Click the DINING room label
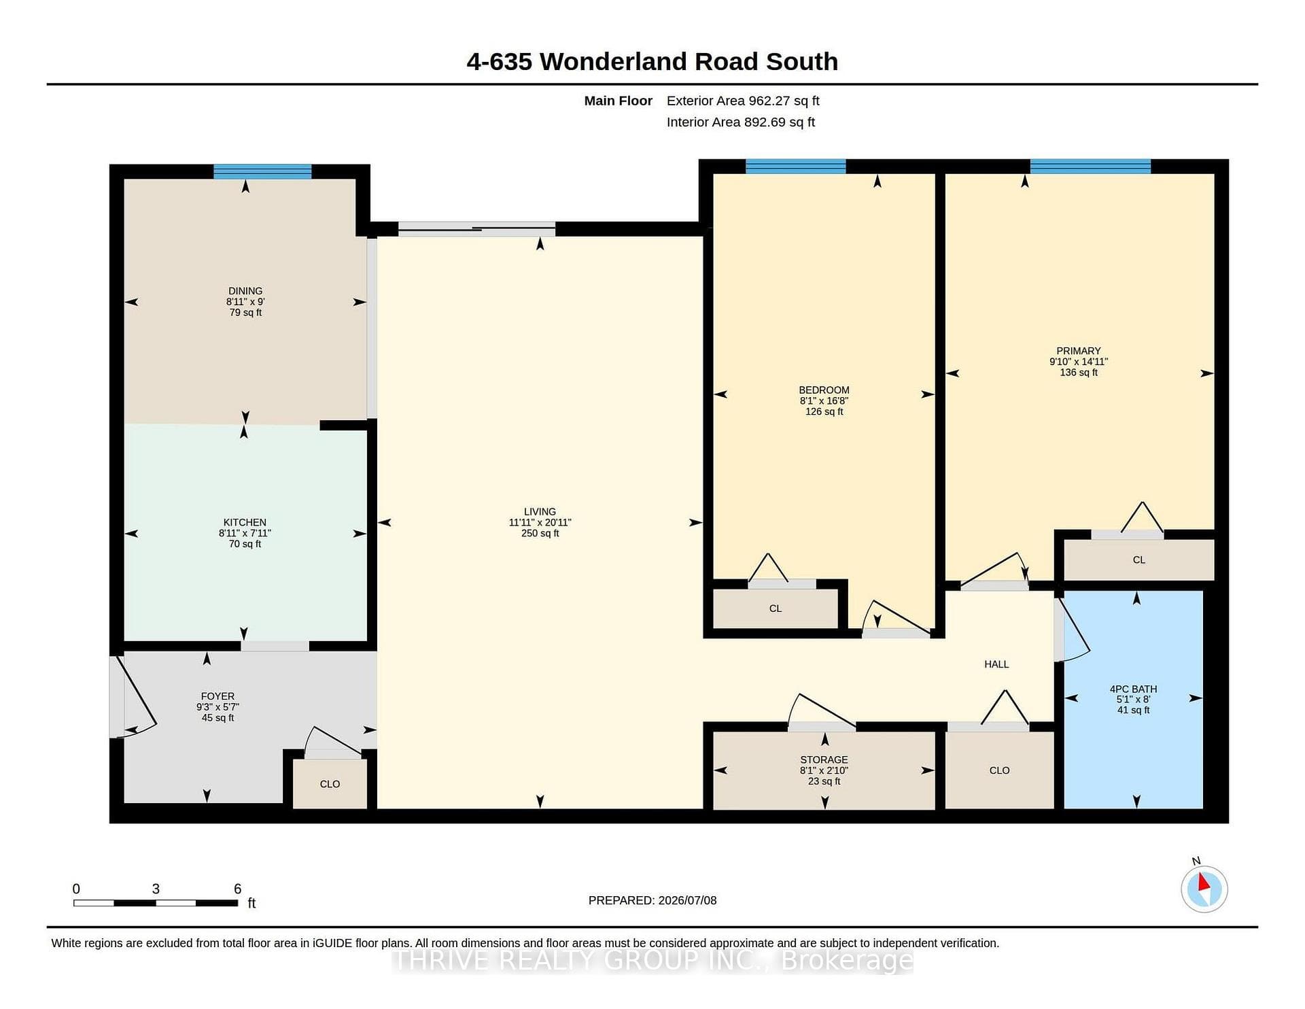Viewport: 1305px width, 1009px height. (x=245, y=291)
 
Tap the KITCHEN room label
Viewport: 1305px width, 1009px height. (x=245, y=523)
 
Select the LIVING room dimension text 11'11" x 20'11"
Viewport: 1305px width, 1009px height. (x=540, y=523)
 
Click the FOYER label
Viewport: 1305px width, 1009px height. (x=217, y=696)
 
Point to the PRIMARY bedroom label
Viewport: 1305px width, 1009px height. (x=1079, y=352)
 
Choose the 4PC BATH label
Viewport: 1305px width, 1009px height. (x=1133, y=689)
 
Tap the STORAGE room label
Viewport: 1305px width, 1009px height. (x=824, y=760)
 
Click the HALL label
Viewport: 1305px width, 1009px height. (x=996, y=664)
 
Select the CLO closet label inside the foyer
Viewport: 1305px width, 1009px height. (x=330, y=785)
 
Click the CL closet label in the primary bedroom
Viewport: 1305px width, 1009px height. (x=1139, y=560)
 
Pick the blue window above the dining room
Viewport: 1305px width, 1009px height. (x=262, y=171)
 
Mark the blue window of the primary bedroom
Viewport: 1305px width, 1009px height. (x=1090, y=167)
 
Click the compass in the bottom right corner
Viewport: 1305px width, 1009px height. (x=1204, y=889)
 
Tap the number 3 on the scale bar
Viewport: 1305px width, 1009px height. (x=156, y=889)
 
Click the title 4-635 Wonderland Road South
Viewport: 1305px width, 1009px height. (x=652, y=62)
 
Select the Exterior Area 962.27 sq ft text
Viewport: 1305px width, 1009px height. (x=743, y=101)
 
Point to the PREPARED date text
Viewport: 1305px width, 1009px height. (x=652, y=900)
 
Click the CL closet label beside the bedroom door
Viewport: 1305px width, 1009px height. (x=776, y=609)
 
